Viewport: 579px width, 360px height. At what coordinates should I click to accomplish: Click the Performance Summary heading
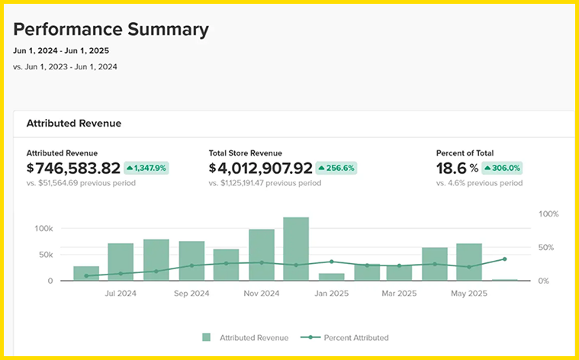pos(111,30)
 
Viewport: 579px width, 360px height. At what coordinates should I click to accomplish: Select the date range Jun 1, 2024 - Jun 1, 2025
pos(61,50)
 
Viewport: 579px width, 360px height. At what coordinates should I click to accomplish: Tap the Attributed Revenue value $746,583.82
pos(73,168)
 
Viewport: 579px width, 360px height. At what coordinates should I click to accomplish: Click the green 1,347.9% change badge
pos(146,168)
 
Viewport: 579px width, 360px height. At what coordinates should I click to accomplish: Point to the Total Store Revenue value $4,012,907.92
pos(261,168)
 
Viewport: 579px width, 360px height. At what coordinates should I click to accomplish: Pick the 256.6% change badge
pos(336,168)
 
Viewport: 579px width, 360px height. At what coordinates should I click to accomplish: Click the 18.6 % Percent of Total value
pos(457,168)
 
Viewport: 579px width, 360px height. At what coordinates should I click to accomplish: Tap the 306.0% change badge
pos(502,168)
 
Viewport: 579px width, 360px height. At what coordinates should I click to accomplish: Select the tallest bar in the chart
pos(296,249)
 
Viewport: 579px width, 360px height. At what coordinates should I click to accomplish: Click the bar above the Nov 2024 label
pos(262,255)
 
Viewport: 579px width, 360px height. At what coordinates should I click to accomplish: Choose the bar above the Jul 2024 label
pos(121,262)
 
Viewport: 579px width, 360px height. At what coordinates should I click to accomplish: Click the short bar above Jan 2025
pos(331,277)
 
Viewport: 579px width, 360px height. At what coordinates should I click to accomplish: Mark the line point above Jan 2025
pos(331,262)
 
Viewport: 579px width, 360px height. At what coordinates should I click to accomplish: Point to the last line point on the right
pos(505,259)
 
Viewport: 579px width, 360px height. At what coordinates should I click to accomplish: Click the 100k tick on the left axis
pos(44,229)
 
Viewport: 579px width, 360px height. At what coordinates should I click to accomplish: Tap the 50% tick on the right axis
pos(546,247)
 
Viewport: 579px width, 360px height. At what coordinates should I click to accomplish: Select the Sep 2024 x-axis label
pos(191,294)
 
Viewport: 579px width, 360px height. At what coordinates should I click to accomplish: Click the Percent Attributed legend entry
pos(345,337)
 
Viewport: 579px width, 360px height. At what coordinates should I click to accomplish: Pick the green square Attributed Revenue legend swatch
pos(207,337)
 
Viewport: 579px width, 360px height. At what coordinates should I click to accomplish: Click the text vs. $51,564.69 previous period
pos(81,183)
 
